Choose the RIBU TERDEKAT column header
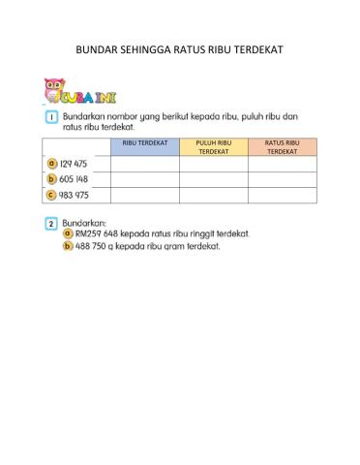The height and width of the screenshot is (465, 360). tap(145, 143)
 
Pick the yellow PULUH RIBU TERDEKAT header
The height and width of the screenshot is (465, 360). tap(214, 147)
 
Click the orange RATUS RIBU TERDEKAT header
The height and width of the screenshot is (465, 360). tap(282, 147)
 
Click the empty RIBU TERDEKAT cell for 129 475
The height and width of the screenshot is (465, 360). tap(145, 164)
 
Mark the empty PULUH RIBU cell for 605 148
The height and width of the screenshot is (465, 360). tap(214, 179)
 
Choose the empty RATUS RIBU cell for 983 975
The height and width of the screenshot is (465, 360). tap(282, 195)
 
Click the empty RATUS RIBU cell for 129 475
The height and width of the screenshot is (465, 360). tap(282, 164)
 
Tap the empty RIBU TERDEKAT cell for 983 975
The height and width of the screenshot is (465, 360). tap(145, 195)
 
